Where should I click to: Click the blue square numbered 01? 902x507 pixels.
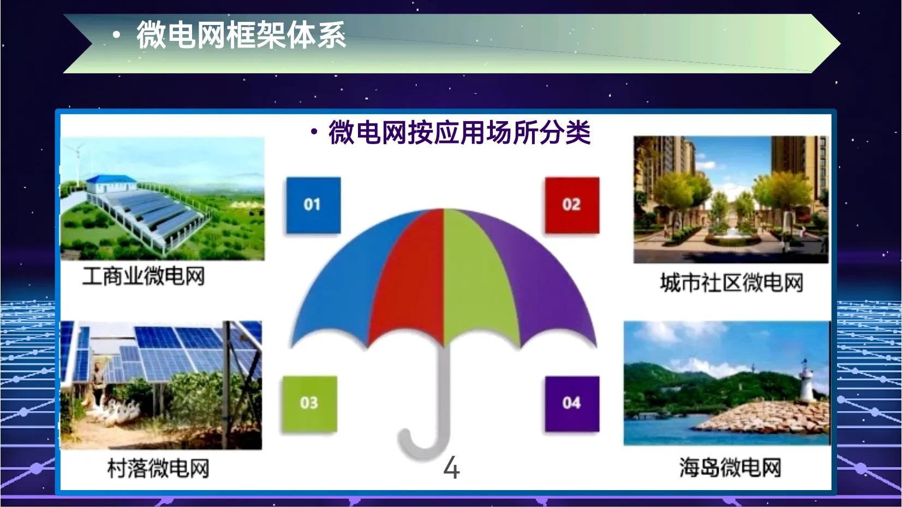coord(313,205)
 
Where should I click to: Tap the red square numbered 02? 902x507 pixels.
coord(571,205)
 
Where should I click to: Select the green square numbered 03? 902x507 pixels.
coord(309,403)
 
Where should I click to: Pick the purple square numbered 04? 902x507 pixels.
coord(571,403)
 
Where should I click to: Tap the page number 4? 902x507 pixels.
coord(451,468)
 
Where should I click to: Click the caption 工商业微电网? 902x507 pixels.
coord(143,276)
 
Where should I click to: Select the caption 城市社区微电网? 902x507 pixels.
coord(731,283)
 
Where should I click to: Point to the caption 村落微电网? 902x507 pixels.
coord(158,468)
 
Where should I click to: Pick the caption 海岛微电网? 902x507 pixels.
coord(730,468)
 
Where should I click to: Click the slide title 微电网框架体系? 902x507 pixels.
coord(241,35)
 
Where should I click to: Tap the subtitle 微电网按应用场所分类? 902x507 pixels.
coord(459,133)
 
